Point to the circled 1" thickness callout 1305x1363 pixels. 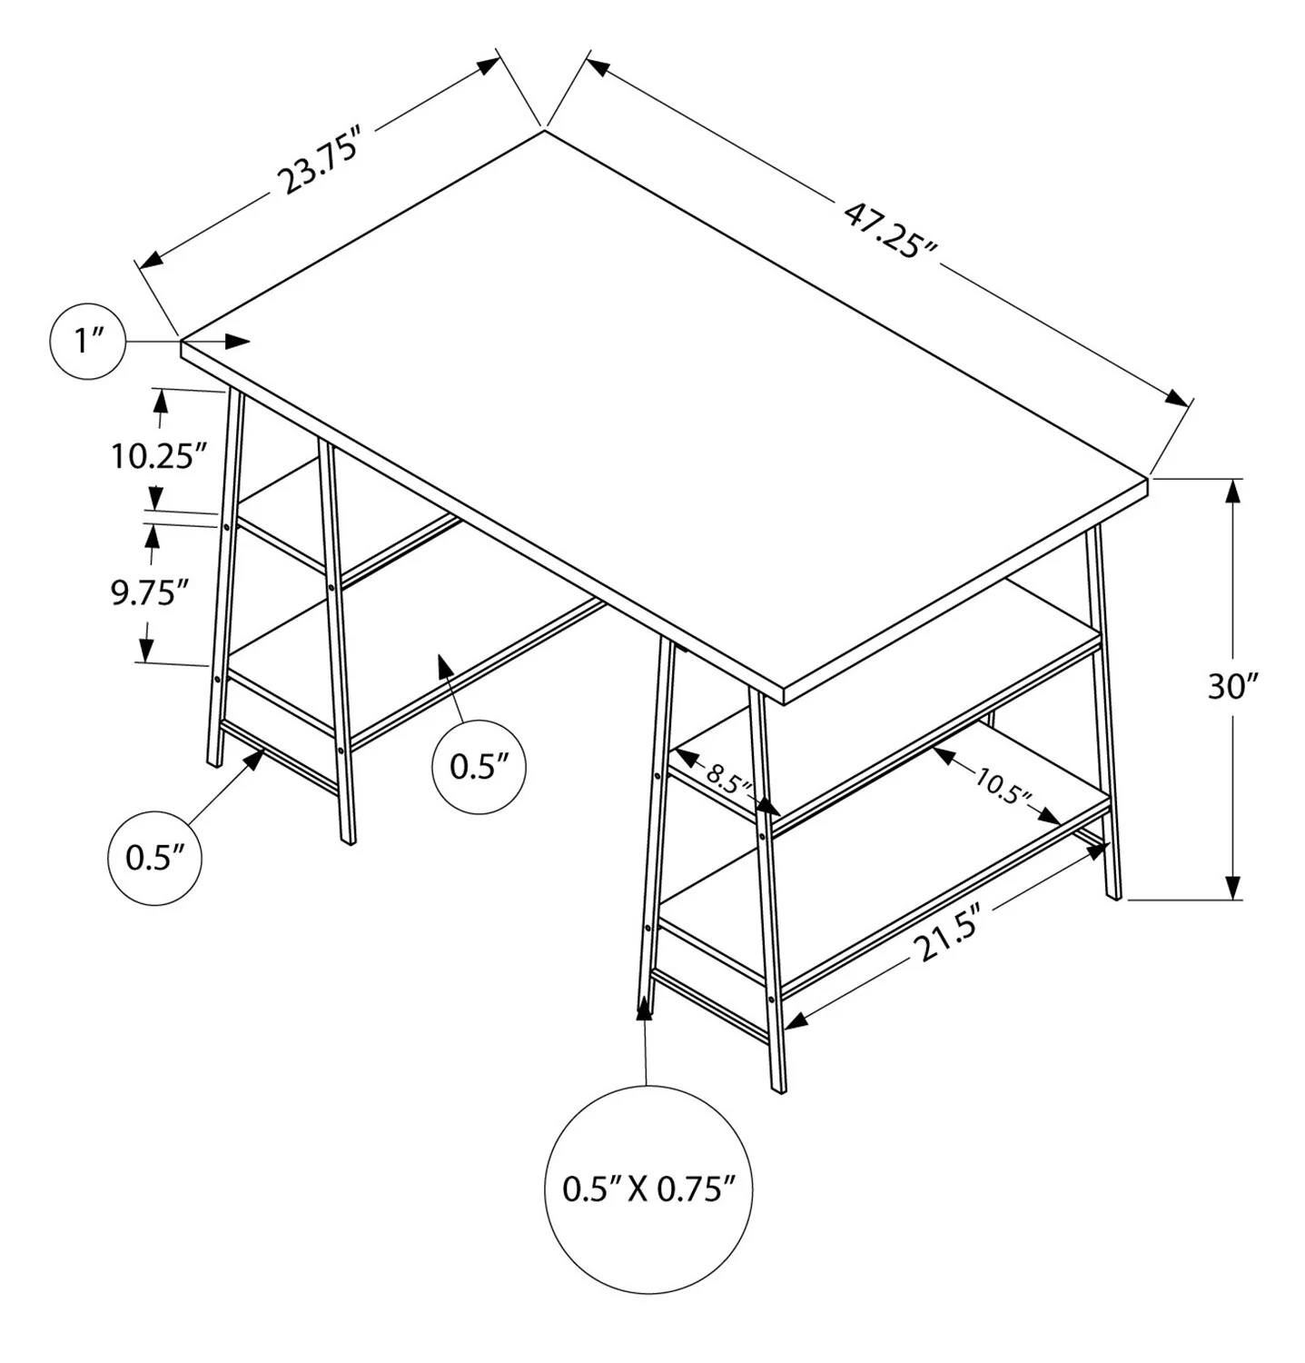(x=88, y=342)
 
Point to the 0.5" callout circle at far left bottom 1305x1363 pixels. (x=154, y=857)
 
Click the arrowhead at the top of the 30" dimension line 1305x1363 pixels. (x=1232, y=491)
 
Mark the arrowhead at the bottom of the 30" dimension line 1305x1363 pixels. (x=1232, y=888)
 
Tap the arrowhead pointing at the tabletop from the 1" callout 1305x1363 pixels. (x=238, y=341)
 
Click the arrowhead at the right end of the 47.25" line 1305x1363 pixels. (x=1178, y=400)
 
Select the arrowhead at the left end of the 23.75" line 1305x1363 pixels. (x=151, y=259)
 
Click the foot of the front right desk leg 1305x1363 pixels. (x=778, y=1088)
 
